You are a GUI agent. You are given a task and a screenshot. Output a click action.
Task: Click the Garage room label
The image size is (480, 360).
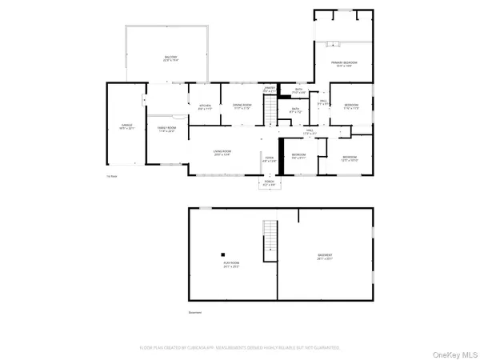[126, 126]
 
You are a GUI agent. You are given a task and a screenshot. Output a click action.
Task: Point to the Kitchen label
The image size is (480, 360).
[205, 106]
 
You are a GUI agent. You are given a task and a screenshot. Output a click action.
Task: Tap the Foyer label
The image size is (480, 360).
[269, 158]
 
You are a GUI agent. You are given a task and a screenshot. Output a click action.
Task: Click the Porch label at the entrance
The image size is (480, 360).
[269, 185]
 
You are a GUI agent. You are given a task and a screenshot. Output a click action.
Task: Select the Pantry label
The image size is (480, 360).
[270, 89]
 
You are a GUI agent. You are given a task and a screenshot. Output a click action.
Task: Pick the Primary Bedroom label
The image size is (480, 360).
[345, 64]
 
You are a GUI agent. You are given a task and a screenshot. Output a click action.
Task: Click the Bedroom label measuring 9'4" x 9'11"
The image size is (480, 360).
[298, 155]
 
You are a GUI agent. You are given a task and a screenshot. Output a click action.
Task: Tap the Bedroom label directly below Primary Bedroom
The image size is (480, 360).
[351, 106]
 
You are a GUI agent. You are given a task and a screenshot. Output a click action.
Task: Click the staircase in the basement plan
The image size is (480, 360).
[270, 238]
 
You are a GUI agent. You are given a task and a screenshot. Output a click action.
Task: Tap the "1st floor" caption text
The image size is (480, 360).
[112, 176]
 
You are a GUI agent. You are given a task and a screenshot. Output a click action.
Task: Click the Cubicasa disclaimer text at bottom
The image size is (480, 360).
[240, 348]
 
